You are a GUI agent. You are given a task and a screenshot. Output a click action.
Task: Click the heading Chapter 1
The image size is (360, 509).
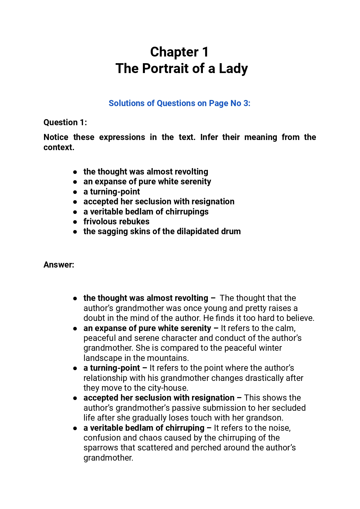point(179,52)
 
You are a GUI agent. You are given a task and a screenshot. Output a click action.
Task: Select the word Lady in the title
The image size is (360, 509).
point(233,69)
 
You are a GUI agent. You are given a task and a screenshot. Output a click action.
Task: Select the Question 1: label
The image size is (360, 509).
point(65,122)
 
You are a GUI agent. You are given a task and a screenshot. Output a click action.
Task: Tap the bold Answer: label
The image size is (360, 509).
point(59,265)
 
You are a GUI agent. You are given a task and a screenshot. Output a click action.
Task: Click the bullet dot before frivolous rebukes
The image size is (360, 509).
point(75,222)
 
